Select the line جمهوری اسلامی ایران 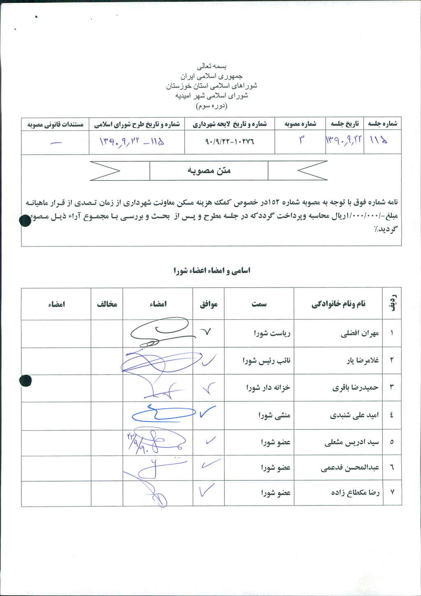(212, 76)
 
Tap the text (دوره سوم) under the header (212, 106)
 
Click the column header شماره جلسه (382, 124)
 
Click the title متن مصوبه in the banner (209, 170)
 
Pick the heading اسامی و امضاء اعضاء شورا (212, 271)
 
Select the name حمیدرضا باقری (355, 387)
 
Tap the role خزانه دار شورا (268, 387)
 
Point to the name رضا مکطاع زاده (355, 492)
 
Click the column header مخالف (107, 304)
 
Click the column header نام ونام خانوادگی (338, 304)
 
